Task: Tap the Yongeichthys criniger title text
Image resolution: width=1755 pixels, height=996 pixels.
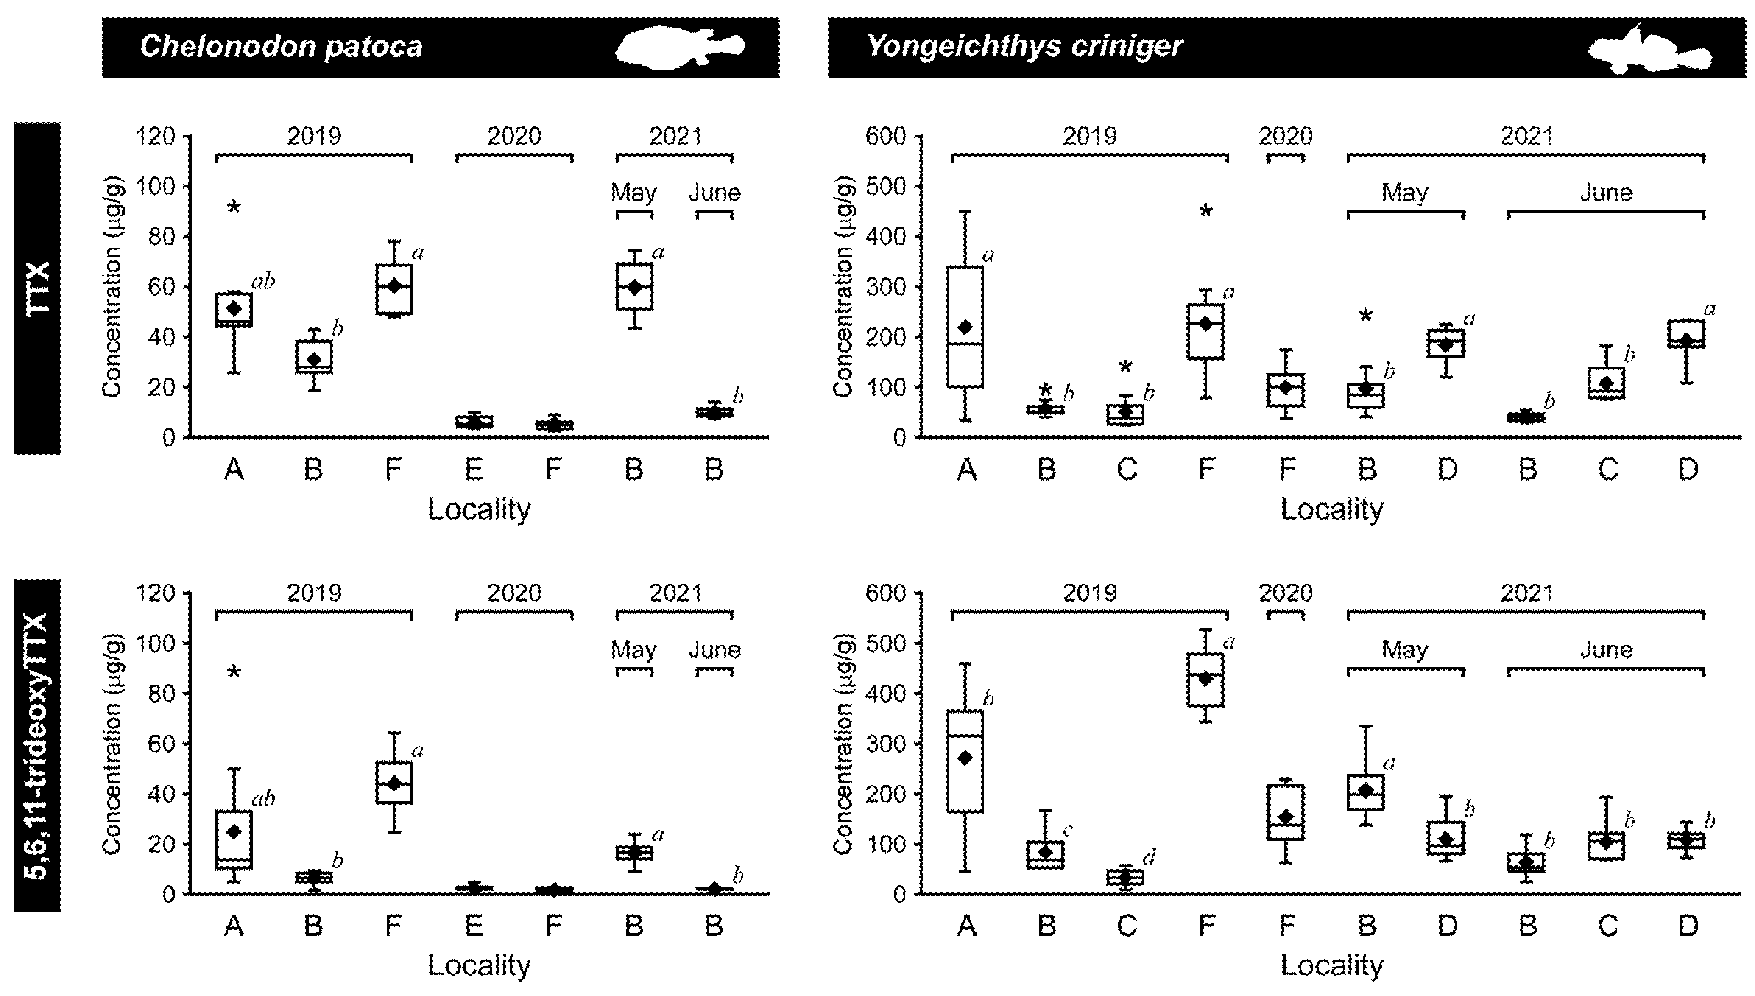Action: [1024, 47]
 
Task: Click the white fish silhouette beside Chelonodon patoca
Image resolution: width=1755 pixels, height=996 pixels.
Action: [680, 48]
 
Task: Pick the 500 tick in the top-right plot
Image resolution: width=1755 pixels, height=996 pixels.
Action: [885, 187]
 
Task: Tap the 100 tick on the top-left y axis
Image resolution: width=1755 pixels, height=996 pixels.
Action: [156, 187]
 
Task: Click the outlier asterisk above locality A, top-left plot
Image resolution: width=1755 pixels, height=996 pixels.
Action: [234, 208]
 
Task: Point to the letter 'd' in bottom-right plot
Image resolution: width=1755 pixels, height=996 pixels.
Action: [1149, 856]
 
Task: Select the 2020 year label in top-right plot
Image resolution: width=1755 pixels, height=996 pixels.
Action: [1285, 136]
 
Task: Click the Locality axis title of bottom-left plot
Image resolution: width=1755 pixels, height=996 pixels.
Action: [479, 966]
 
